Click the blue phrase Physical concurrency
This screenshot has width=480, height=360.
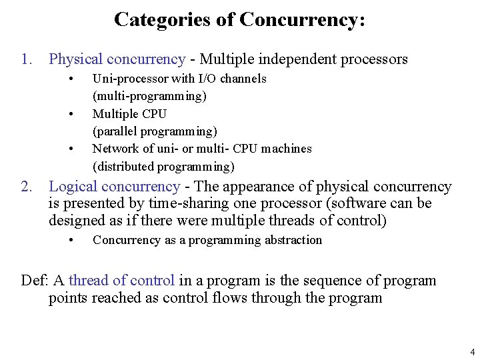(117, 59)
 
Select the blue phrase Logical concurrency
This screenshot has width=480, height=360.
(114, 187)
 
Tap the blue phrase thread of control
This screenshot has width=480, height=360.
(121, 281)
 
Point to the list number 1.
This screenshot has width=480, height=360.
(26, 59)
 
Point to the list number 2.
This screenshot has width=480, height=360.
(26, 187)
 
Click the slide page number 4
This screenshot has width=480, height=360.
(472, 352)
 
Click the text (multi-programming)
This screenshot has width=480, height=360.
(149, 96)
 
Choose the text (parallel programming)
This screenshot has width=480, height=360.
(155, 131)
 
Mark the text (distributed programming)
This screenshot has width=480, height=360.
(163, 167)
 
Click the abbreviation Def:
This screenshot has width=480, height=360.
(33, 281)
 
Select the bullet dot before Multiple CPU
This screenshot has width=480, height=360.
(71, 114)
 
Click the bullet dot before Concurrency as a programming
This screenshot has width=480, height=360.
(71, 240)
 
